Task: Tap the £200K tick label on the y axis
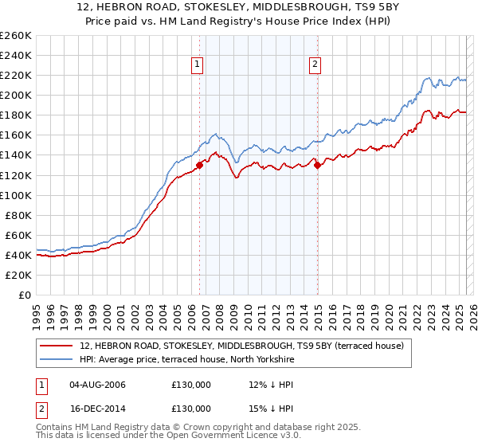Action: [16, 95]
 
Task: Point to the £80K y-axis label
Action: [18, 215]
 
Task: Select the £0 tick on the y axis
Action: [25, 295]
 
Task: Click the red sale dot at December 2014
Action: [318, 165]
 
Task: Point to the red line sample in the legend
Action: [56, 346]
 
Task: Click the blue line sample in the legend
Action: [56, 360]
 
